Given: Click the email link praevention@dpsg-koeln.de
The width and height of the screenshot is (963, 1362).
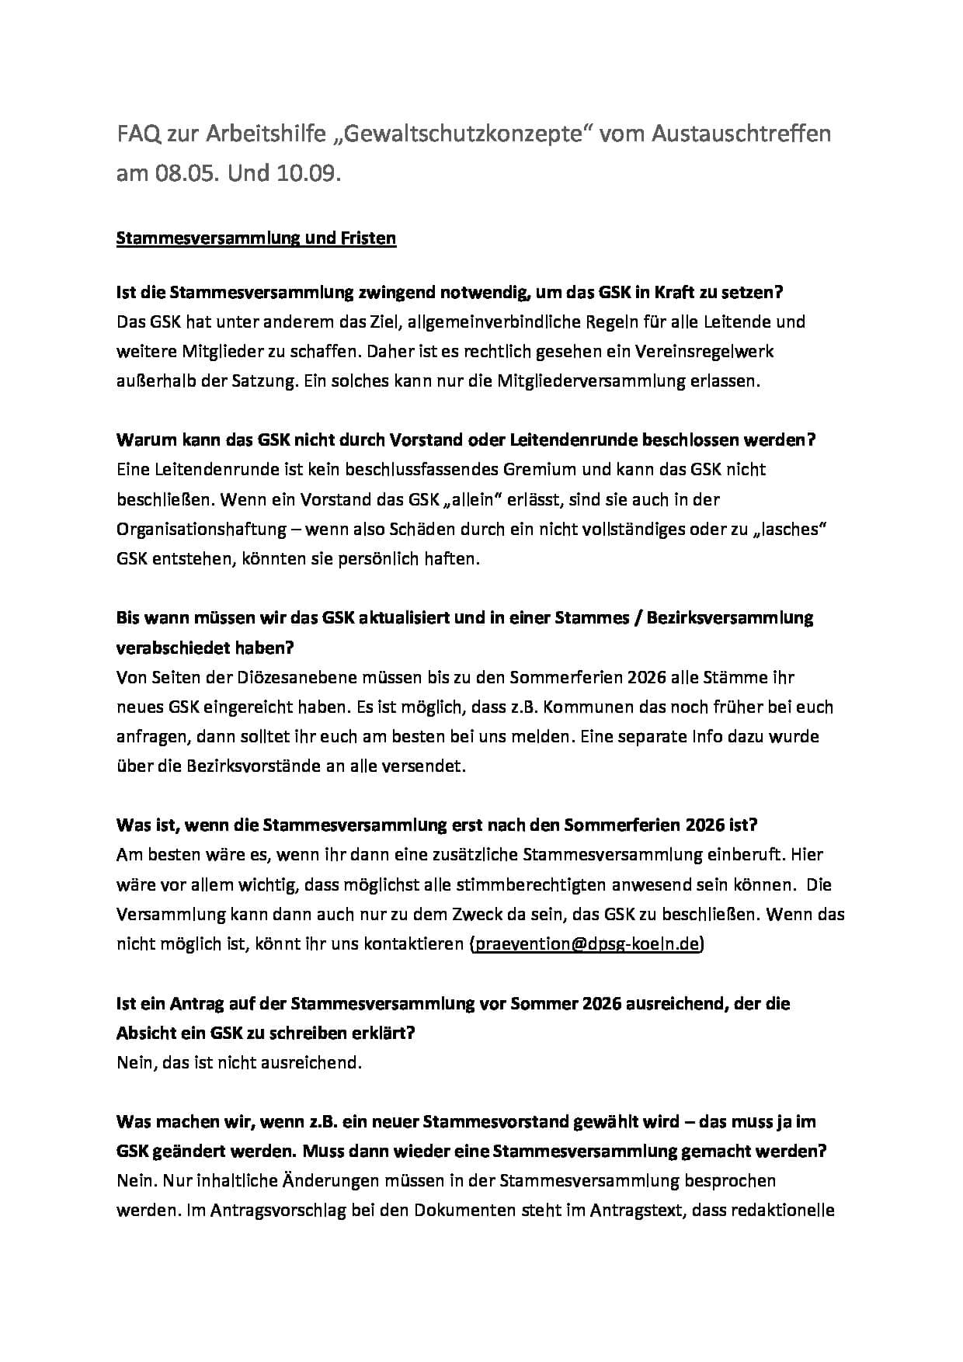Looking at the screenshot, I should [586, 944].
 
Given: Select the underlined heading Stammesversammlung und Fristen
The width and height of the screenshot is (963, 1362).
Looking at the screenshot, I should [256, 238].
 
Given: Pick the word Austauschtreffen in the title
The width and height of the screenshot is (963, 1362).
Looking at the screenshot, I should [741, 134].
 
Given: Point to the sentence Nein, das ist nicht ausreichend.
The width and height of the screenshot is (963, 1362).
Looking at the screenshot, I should [239, 1062].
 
